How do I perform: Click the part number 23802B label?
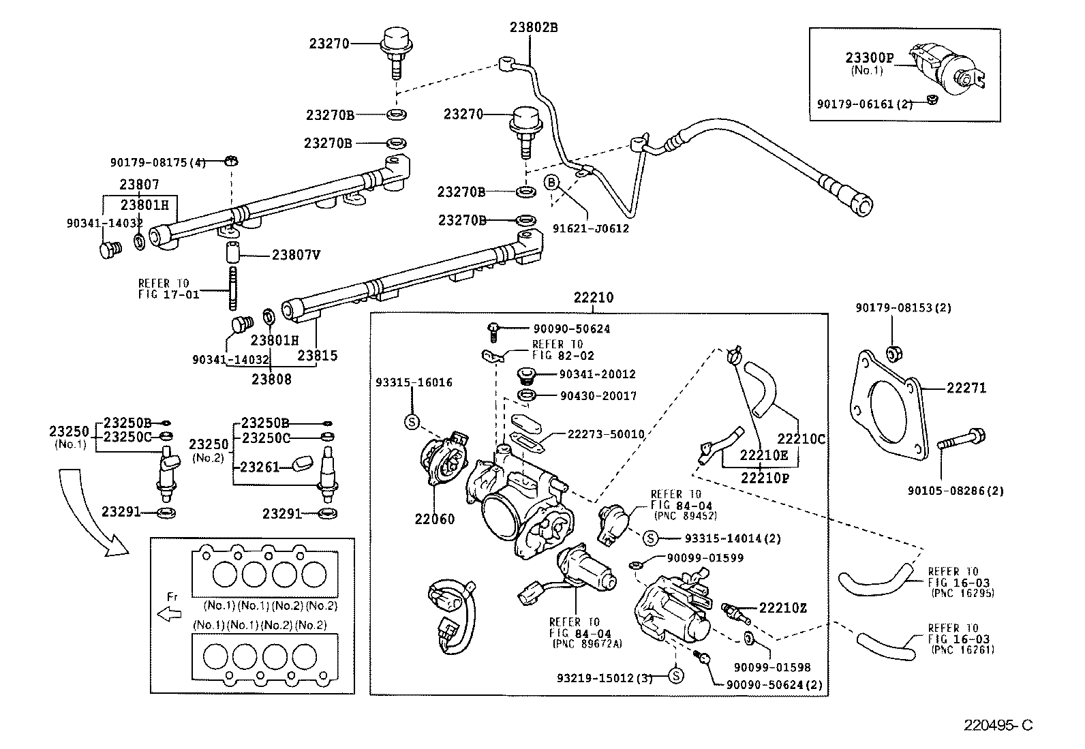coord(534,28)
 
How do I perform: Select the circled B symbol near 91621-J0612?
coord(551,182)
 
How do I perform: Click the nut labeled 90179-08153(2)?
coord(896,353)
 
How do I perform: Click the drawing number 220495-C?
coord(998,726)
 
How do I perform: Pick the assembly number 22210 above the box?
coord(593,298)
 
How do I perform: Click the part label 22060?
coord(435,519)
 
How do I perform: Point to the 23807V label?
coord(296,255)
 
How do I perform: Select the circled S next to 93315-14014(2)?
coord(650,538)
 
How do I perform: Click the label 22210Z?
coord(782,608)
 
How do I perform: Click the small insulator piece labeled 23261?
coord(302,465)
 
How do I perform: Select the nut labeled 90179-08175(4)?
coord(230,162)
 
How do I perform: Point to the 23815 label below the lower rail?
coord(317,356)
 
